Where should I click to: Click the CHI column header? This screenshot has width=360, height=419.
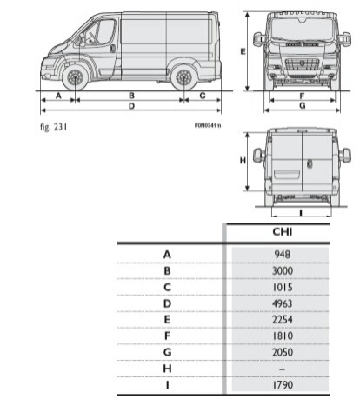point(283,232)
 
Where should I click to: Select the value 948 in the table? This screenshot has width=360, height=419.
point(283,255)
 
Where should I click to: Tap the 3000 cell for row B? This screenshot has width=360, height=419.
point(283,270)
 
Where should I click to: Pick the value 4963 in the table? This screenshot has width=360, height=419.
point(283,303)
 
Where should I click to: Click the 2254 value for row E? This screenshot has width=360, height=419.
point(283,320)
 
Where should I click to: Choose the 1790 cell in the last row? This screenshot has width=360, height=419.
point(283,385)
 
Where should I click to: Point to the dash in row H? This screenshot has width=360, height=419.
point(283,369)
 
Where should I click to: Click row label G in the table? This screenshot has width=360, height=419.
point(167,352)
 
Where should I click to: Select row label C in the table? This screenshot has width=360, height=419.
point(167,287)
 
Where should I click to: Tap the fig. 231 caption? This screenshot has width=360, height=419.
point(54,127)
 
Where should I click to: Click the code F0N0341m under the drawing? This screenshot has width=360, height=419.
point(208,125)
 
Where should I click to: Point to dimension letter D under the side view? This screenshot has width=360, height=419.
point(131,106)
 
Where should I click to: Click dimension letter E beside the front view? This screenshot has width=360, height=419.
point(243,51)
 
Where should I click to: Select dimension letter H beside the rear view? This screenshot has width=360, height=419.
point(243,160)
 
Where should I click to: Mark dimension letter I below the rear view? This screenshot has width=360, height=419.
point(301,213)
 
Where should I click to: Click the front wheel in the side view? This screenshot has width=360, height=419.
point(75,77)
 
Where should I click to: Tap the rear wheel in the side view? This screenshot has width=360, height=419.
point(183,77)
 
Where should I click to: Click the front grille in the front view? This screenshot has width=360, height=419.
point(302,64)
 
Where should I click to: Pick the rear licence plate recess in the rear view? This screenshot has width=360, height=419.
point(287,175)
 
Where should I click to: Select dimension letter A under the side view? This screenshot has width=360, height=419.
point(58,96)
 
